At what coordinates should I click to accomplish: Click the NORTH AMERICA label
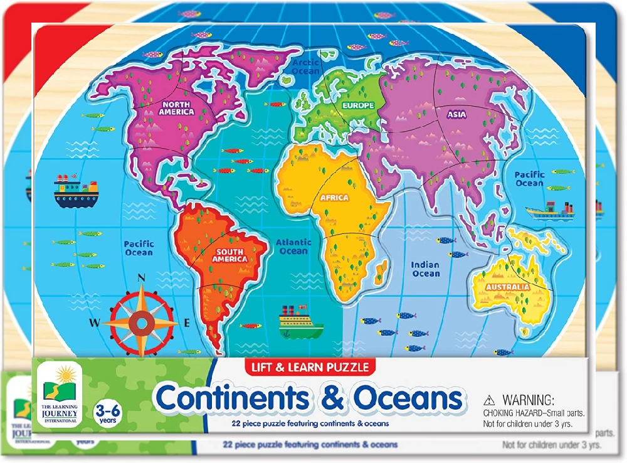pos(176,108)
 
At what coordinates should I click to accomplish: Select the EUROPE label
pos(358,105)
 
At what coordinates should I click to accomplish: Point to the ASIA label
pos(456,115)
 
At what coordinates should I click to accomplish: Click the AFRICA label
pos(334,198)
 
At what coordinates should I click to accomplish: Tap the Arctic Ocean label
pos(306,67)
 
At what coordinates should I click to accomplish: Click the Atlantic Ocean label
pos(293,247)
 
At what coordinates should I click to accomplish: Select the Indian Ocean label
pos(426,269)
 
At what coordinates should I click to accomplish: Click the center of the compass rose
pos(141,322)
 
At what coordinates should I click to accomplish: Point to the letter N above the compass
pos(142,278)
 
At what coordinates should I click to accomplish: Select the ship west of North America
pos(76,191)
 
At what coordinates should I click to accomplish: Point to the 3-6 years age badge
pos(103,413)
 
